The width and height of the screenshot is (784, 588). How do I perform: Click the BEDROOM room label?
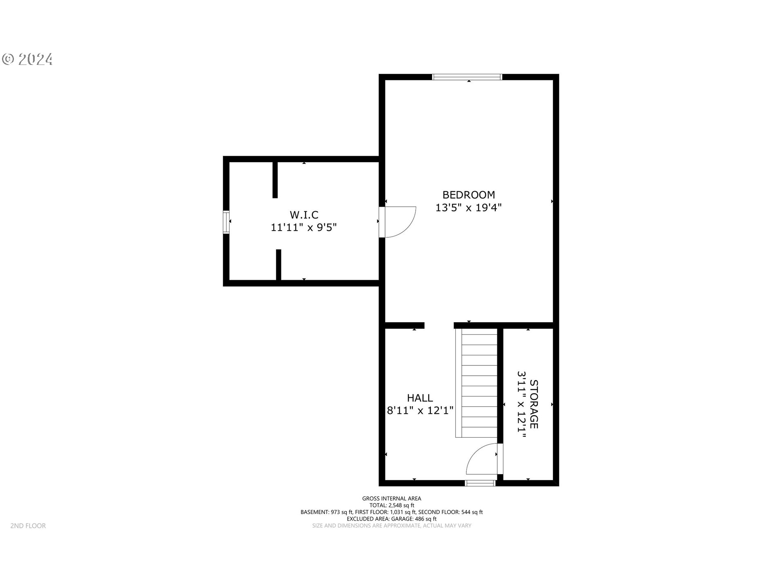tap(468, 195)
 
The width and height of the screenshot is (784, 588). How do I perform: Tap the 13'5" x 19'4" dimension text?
tap(468, 208)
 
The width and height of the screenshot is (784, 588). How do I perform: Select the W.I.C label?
tap(304, 215)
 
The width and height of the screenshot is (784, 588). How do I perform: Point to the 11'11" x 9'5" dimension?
tap(304, 227)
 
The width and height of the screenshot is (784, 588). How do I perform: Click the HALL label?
tap(420, 398)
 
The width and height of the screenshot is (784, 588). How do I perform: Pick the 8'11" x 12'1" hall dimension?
tap(420, 410)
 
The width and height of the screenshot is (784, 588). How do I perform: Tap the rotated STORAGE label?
tap(534, 404)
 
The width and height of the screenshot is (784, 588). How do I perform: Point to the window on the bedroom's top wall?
tap(467, 77)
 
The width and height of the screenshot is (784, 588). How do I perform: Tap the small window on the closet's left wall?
tap(226, 222)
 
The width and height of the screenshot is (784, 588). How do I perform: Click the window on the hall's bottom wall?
tap(480, 483)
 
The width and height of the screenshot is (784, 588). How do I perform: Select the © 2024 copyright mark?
tap(27, 60)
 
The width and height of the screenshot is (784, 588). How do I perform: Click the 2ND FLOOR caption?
tap(28, 526)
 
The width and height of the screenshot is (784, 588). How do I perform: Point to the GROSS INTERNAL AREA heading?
tap(392, 499)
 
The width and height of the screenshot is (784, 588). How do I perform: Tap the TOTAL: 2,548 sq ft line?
tap(392, 506)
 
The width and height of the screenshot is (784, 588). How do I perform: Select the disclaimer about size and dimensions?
tap(392, 526)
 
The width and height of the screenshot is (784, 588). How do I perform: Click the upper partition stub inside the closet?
tap(275, 180)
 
